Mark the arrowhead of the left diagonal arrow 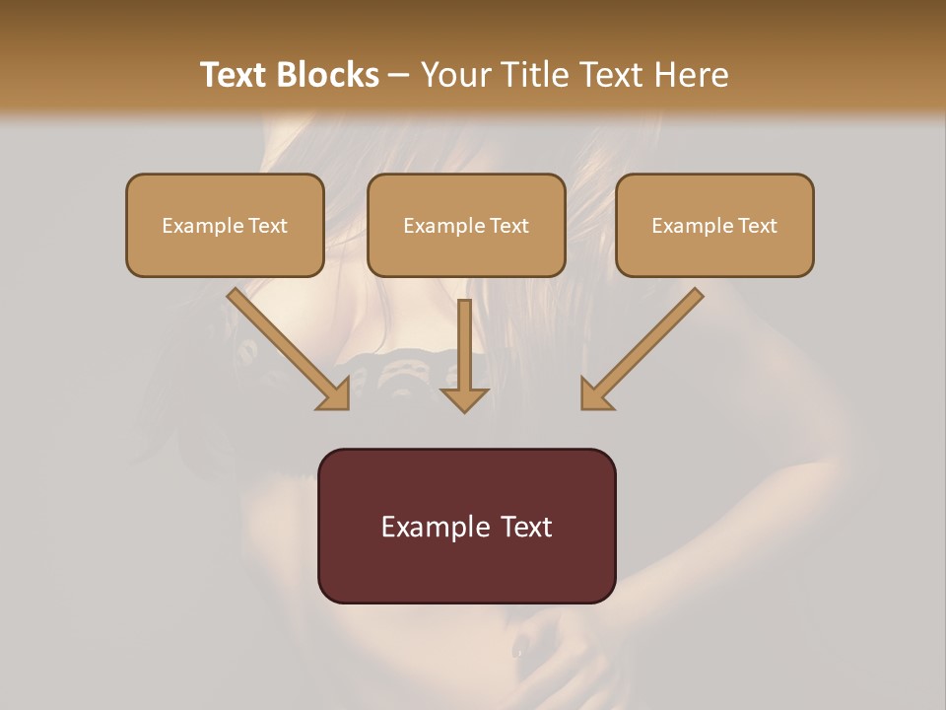[335, 395]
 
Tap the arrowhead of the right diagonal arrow [595, 395]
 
